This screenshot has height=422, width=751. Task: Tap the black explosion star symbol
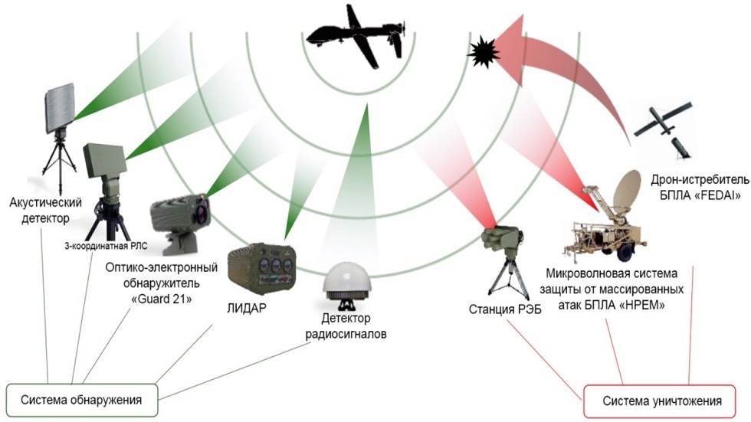(483, 54)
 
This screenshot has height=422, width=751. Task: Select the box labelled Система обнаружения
(81, 400)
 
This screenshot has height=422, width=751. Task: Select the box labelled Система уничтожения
(660, 401)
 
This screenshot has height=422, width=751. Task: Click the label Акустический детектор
(45, 211)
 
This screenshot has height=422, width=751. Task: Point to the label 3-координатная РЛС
(106, 247)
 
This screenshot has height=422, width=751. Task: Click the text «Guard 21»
(162, 299)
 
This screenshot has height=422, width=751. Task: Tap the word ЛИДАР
(246, 309)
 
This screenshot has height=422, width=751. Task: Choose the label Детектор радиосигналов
(346, 325)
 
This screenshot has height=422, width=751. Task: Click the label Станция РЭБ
(505, 309)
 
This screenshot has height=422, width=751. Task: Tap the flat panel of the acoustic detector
(60, 108)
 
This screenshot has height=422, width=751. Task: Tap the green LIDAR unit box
(261, 267)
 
